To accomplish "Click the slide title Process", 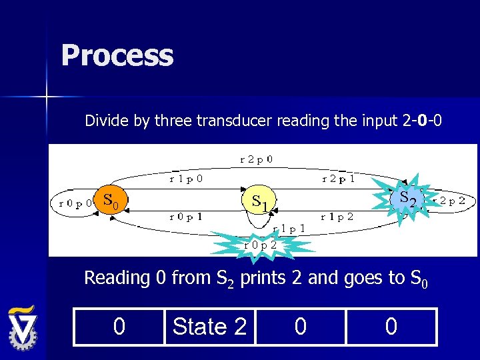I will point(117,55).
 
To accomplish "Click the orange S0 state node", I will point(110,199).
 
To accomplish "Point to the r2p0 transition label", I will point(256,159).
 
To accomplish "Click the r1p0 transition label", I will point(187,179).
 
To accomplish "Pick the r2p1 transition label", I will point(338,179).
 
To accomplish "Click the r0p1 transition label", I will point(186,217).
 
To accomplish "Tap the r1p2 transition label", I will point(337,217).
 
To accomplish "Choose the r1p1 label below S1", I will point(289,228).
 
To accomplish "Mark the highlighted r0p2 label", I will point(261,245).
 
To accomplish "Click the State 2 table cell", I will point(209,327).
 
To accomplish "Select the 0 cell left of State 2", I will point(119,327).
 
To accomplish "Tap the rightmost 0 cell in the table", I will point(391,327).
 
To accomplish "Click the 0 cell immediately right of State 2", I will point(300,327).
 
